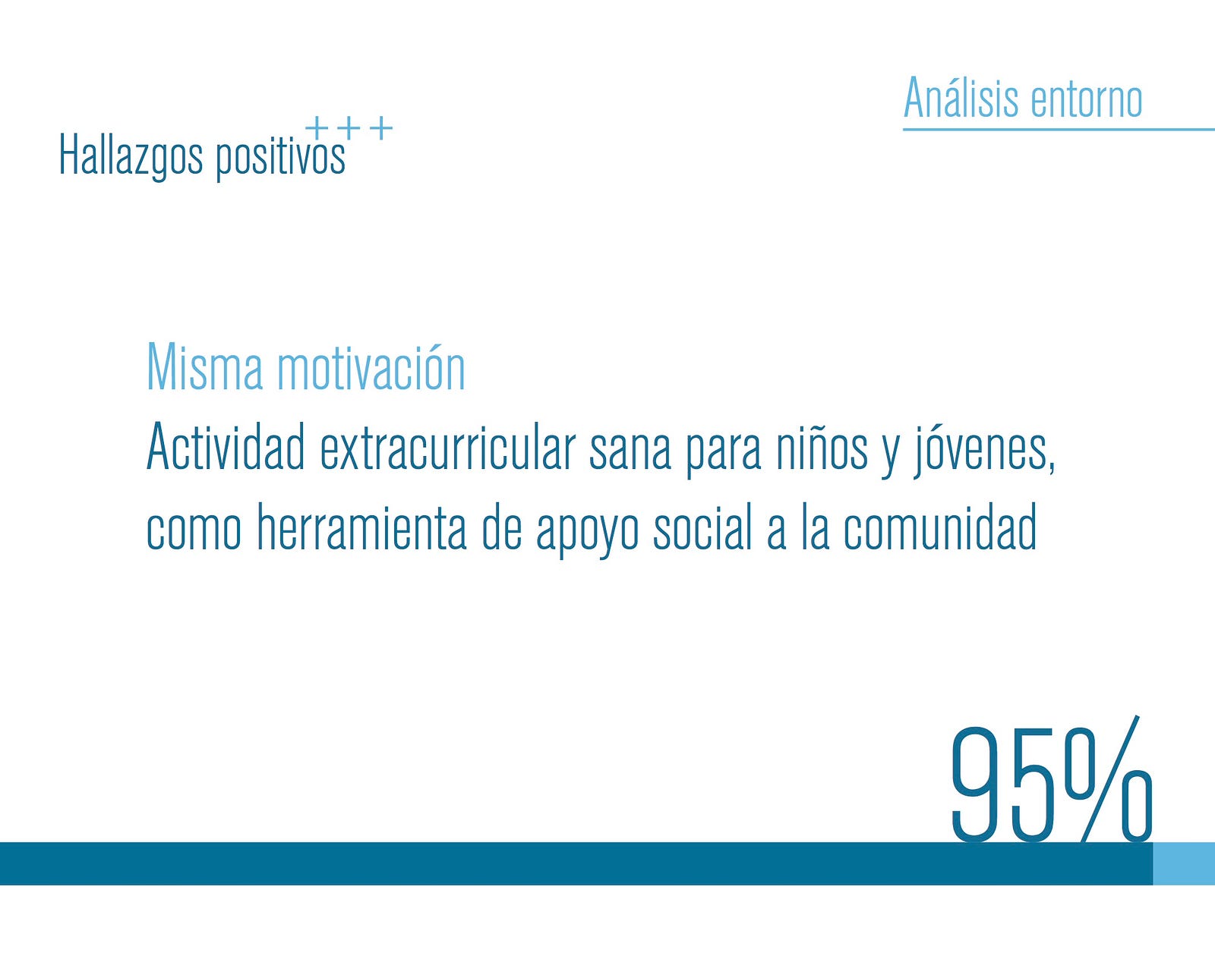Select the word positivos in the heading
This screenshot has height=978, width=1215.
click(x=281, y=158)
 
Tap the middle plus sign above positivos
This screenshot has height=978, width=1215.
click(x=349, y=127)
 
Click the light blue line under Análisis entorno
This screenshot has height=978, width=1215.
click(x=1059, y=129)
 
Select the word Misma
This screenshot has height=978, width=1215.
click(x=205, y=366)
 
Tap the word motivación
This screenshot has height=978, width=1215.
click(x=371, y=366)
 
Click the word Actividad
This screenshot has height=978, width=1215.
click(x=226, y=446)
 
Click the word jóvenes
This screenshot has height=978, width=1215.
click(x=984, y=451)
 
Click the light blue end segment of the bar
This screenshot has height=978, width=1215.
click(x=1184, y=863)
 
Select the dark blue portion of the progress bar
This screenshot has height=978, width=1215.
click(x=576, y=863)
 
